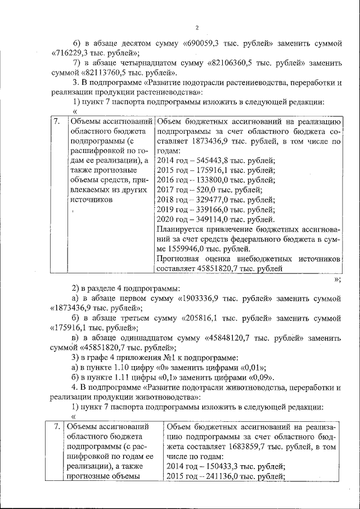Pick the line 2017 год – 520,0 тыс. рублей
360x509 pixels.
coord(205,190)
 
